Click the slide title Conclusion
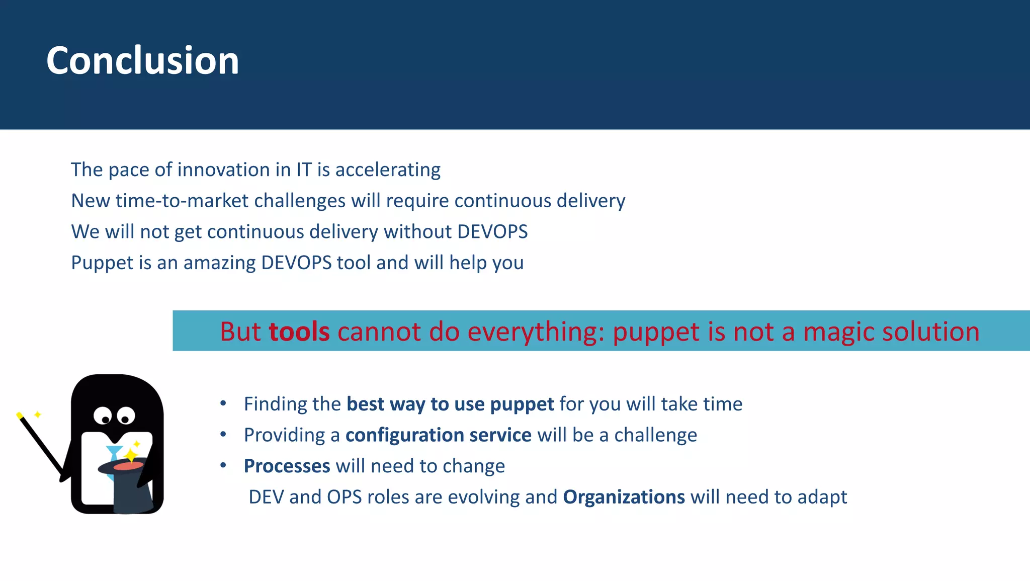pos(142,61)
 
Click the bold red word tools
pos(299,332)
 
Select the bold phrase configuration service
pos(438,435)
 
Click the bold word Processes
pos(287,466)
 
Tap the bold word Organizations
pos(624,497)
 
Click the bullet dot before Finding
pos(223,403)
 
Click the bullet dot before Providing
pos(223,435)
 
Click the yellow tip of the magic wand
pos(20,416)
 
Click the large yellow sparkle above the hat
pos(131,456)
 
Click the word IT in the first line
pos(304,170)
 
